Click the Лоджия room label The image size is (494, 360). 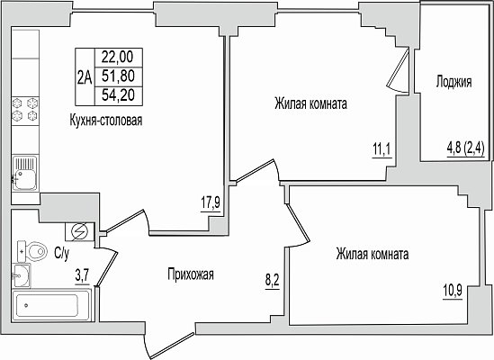click(x=454, y=82)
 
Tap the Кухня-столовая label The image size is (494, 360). click(x=106, y=120)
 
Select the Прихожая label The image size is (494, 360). click(x=191, y=274)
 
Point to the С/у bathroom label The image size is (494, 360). click(x=61, y=254)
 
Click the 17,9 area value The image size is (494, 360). click(x=211, y=202)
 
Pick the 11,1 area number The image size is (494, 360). click(x=382, y=149)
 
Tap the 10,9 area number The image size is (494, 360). click(x=453, y=291)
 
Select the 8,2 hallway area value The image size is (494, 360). click(x=273, y=280)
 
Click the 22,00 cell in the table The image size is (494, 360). click(x=119, y=57)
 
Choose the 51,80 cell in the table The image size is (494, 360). click(x=119, y=76)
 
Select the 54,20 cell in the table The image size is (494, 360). click(x=119, y=95)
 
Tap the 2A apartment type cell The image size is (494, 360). click(x=85, y=76)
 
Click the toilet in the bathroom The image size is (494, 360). click(x=32, y=252)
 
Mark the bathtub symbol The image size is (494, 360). click(x=50, y=305)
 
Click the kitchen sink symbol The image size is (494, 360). click(x=25, y=173)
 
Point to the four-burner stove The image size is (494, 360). click(x=25, y=110)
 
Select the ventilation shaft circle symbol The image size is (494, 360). click(x=79, y=232)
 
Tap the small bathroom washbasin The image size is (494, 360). click(x=21, y=275)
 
